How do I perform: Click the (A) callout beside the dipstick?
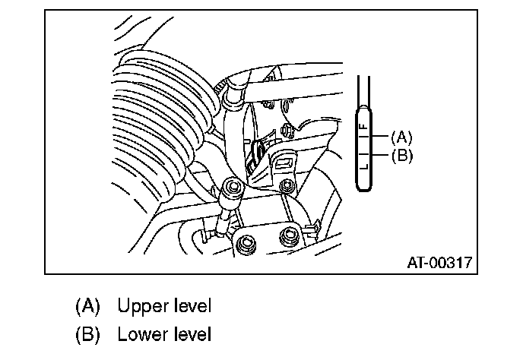coord(401,137)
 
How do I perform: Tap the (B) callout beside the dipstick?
coord(401,156)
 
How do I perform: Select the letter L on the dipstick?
coord(363,165)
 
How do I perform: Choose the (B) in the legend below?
coord(88,333)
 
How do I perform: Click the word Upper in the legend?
coord(139,307)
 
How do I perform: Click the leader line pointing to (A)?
coord(379,137)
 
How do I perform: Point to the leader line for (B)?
coord(379,156)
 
